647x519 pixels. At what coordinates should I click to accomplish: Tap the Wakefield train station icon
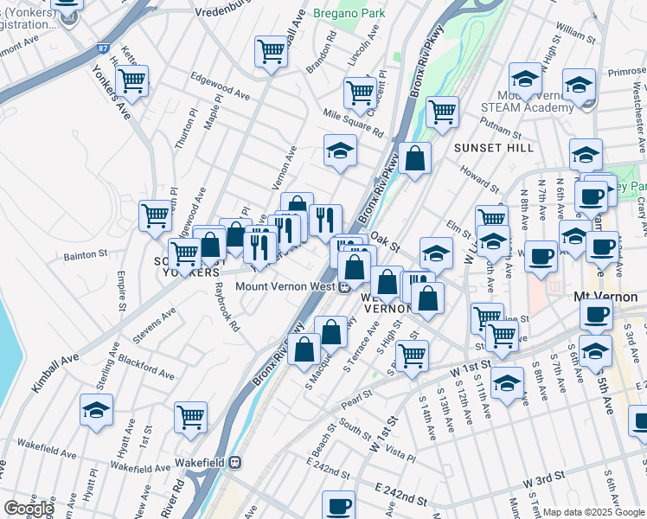tap(235, 462)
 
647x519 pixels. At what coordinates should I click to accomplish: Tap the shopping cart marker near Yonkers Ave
tap(131, 81)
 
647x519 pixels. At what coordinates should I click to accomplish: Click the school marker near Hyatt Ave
tap(96, 410)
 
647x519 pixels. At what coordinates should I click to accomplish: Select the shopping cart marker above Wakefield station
tap(190, 417)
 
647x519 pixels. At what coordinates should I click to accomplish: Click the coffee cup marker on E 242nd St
tap(339, 505)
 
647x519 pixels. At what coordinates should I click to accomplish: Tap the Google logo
tap(28, 509)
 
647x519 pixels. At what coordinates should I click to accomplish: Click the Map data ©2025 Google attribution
tap(593, 512)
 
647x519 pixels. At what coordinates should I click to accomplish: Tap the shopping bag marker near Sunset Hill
tap(415, 157)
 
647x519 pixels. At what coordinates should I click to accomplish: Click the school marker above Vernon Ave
tap(340, 150)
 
